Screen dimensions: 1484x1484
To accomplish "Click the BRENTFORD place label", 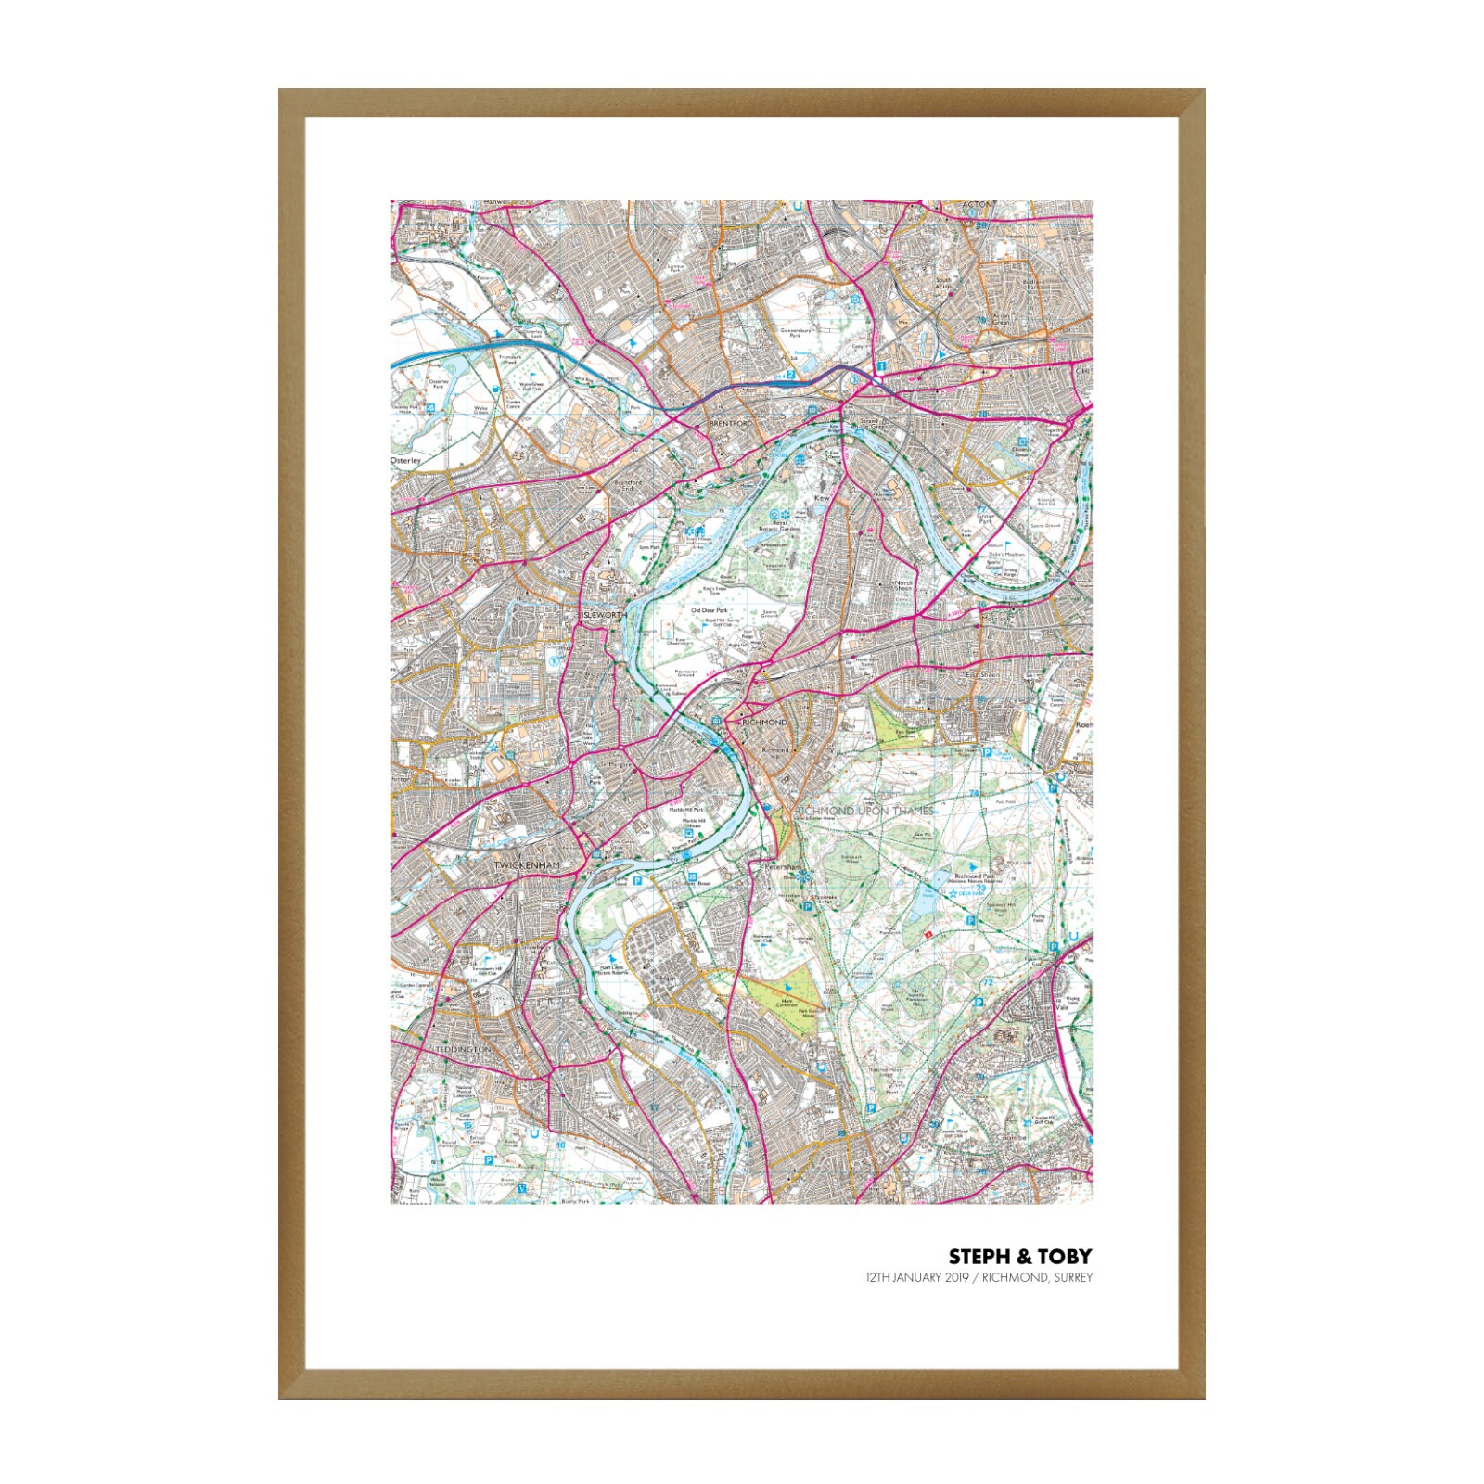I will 727,423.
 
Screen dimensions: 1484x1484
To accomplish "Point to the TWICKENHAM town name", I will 527,865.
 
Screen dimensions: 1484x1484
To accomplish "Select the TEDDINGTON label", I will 462,1049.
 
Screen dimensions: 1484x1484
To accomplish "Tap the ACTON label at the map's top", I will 978,205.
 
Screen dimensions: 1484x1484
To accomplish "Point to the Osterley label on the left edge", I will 405,460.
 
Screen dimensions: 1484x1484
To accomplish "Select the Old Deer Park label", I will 709,610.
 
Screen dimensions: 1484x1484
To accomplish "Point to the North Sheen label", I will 902,586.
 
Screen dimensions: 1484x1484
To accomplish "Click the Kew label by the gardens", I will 820,499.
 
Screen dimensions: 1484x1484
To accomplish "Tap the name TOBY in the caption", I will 1065,1257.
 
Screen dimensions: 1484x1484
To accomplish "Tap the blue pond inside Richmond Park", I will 927,899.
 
